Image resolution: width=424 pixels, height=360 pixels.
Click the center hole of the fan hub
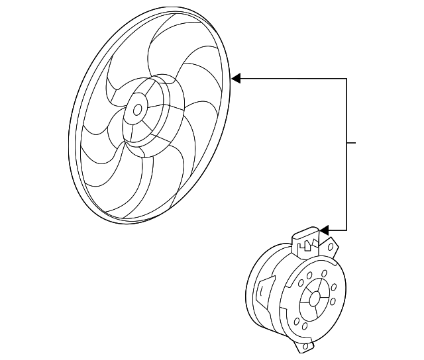coord(138,110)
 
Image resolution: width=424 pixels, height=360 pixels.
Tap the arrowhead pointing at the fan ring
coord(236,79)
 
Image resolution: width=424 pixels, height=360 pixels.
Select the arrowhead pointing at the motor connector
coord(324,230)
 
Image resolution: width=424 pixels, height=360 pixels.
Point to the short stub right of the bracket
coord(352,142)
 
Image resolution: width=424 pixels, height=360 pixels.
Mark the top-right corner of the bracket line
coord(346,79)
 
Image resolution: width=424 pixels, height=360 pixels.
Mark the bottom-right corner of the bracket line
coord(346,230)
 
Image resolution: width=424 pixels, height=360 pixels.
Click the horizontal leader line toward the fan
coord(291,79)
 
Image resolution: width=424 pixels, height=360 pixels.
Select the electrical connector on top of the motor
coord(305,241)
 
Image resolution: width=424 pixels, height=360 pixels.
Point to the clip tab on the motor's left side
coord(264,290)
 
